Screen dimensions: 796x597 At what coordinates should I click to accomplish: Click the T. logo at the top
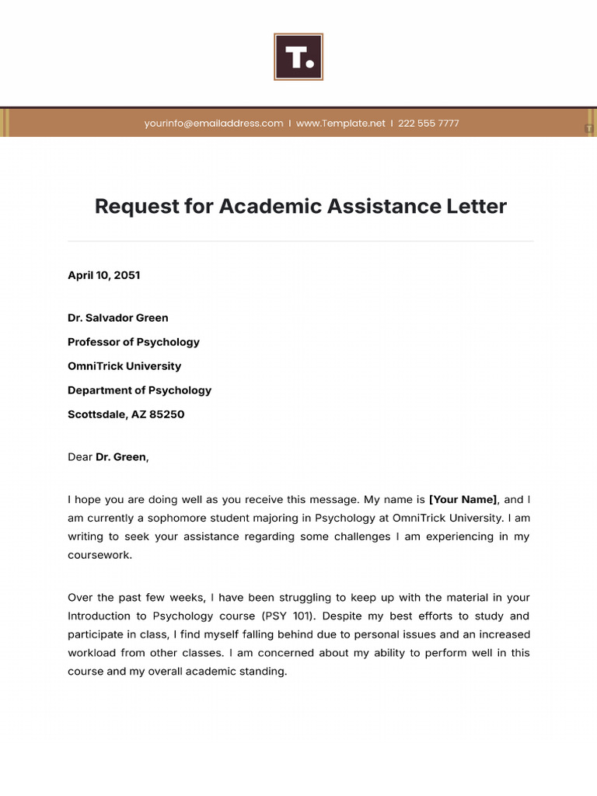(298, 57)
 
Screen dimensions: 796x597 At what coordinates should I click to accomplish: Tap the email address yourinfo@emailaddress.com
(214, 124)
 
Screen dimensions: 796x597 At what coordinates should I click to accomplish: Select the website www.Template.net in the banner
(340, 124)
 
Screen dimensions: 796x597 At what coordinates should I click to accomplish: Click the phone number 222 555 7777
(428, 124)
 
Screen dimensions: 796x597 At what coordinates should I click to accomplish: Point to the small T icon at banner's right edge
(589, 128)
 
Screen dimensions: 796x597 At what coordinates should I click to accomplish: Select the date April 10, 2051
(104, 275)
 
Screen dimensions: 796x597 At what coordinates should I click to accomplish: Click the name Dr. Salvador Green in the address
(118, 318)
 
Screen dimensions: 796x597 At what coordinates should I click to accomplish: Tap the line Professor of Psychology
(134, 342)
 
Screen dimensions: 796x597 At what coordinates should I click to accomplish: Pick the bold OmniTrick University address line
(124, 366)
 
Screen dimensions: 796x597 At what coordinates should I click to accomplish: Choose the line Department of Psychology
(140, 390)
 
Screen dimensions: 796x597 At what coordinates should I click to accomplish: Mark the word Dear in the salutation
(80, 457)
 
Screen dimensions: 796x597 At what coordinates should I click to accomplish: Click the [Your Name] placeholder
(463, 500)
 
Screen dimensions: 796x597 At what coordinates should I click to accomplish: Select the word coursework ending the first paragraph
(99, 555)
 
